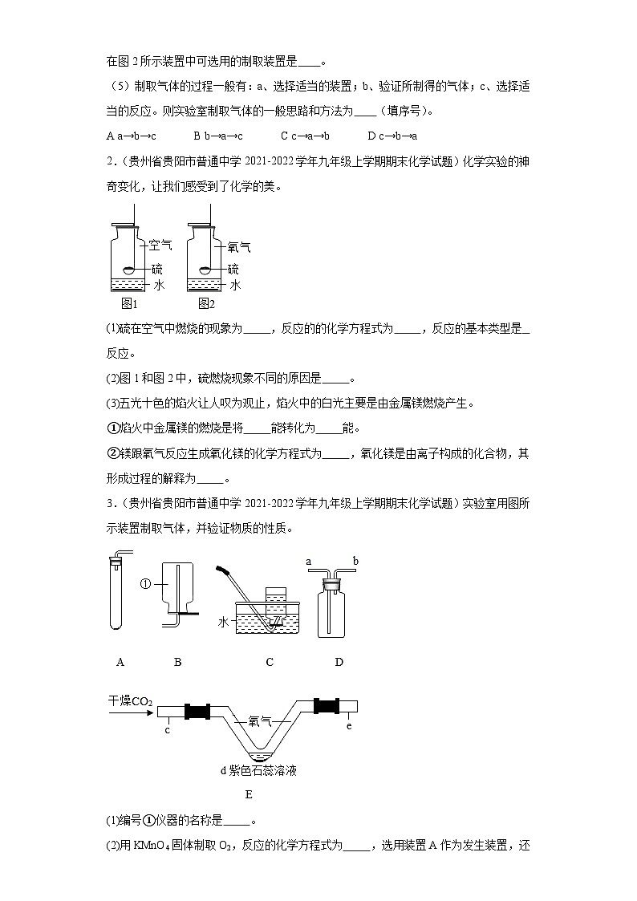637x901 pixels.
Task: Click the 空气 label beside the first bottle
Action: [x=160, y=246]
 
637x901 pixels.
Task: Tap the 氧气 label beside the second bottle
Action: [x=239, y=248]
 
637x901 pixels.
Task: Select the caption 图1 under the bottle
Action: [x=129, y=303]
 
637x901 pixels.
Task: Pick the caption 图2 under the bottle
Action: [x=207, y=303]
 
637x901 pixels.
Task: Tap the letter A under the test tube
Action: [x=120, y=662]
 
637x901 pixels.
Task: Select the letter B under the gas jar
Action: [x=177, y=662]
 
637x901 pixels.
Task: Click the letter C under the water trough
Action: [x=270, y=662]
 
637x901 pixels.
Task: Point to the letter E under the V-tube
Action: [x=249, y=794]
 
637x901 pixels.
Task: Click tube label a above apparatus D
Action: [x=309, y=562]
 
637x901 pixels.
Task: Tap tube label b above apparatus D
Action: [x=355, y=562]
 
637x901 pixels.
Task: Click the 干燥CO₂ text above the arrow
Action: [x=130, y=700]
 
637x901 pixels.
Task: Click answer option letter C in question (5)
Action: [x=284, y=136]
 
